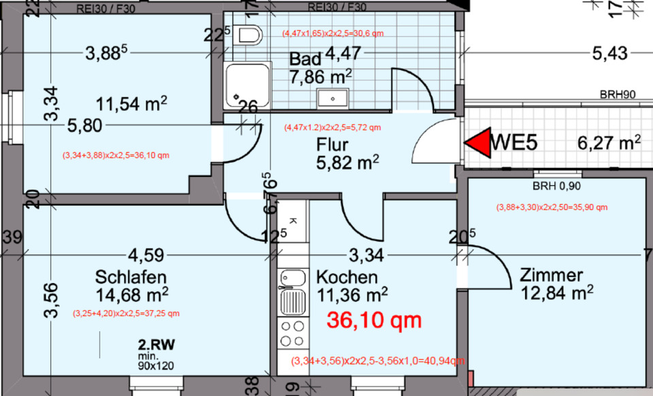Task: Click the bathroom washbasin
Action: (x=333, y=98)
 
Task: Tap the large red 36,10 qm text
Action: (x=374, y=320)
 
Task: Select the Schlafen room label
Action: (x=131, y=278)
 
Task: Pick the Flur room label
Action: (x=332, y=144)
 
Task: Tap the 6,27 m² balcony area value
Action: (x=609, y=143)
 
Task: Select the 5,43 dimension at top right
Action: (x=610, y=53)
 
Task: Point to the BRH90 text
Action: (x=617, y=95)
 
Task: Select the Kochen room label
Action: (x=347, y=277)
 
